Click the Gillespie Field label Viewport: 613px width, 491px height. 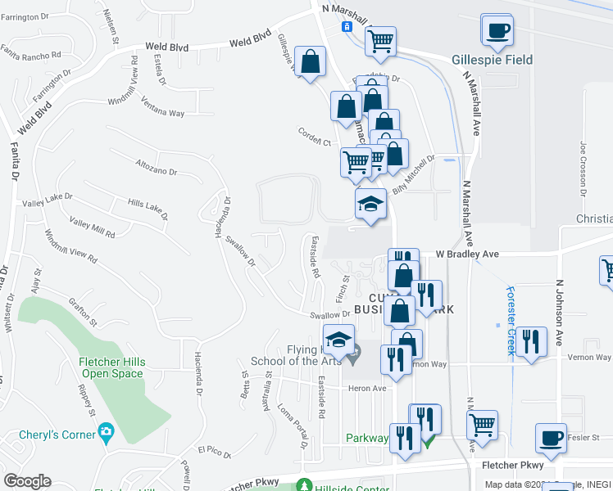(x=492, y=60)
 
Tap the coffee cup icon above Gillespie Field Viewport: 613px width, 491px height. (x=497, y=31)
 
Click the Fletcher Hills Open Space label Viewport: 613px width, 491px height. (x=111, y=368)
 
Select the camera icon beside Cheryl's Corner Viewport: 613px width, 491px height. (x=106, y=430)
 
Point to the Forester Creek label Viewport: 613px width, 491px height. (x=510, y=320)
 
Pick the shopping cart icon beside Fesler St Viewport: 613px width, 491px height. (x=483, y=424)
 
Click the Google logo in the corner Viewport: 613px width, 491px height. (x=27, y=481)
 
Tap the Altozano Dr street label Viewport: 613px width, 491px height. (x=156, y=168)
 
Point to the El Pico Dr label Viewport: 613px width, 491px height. (x=215, y=450)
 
